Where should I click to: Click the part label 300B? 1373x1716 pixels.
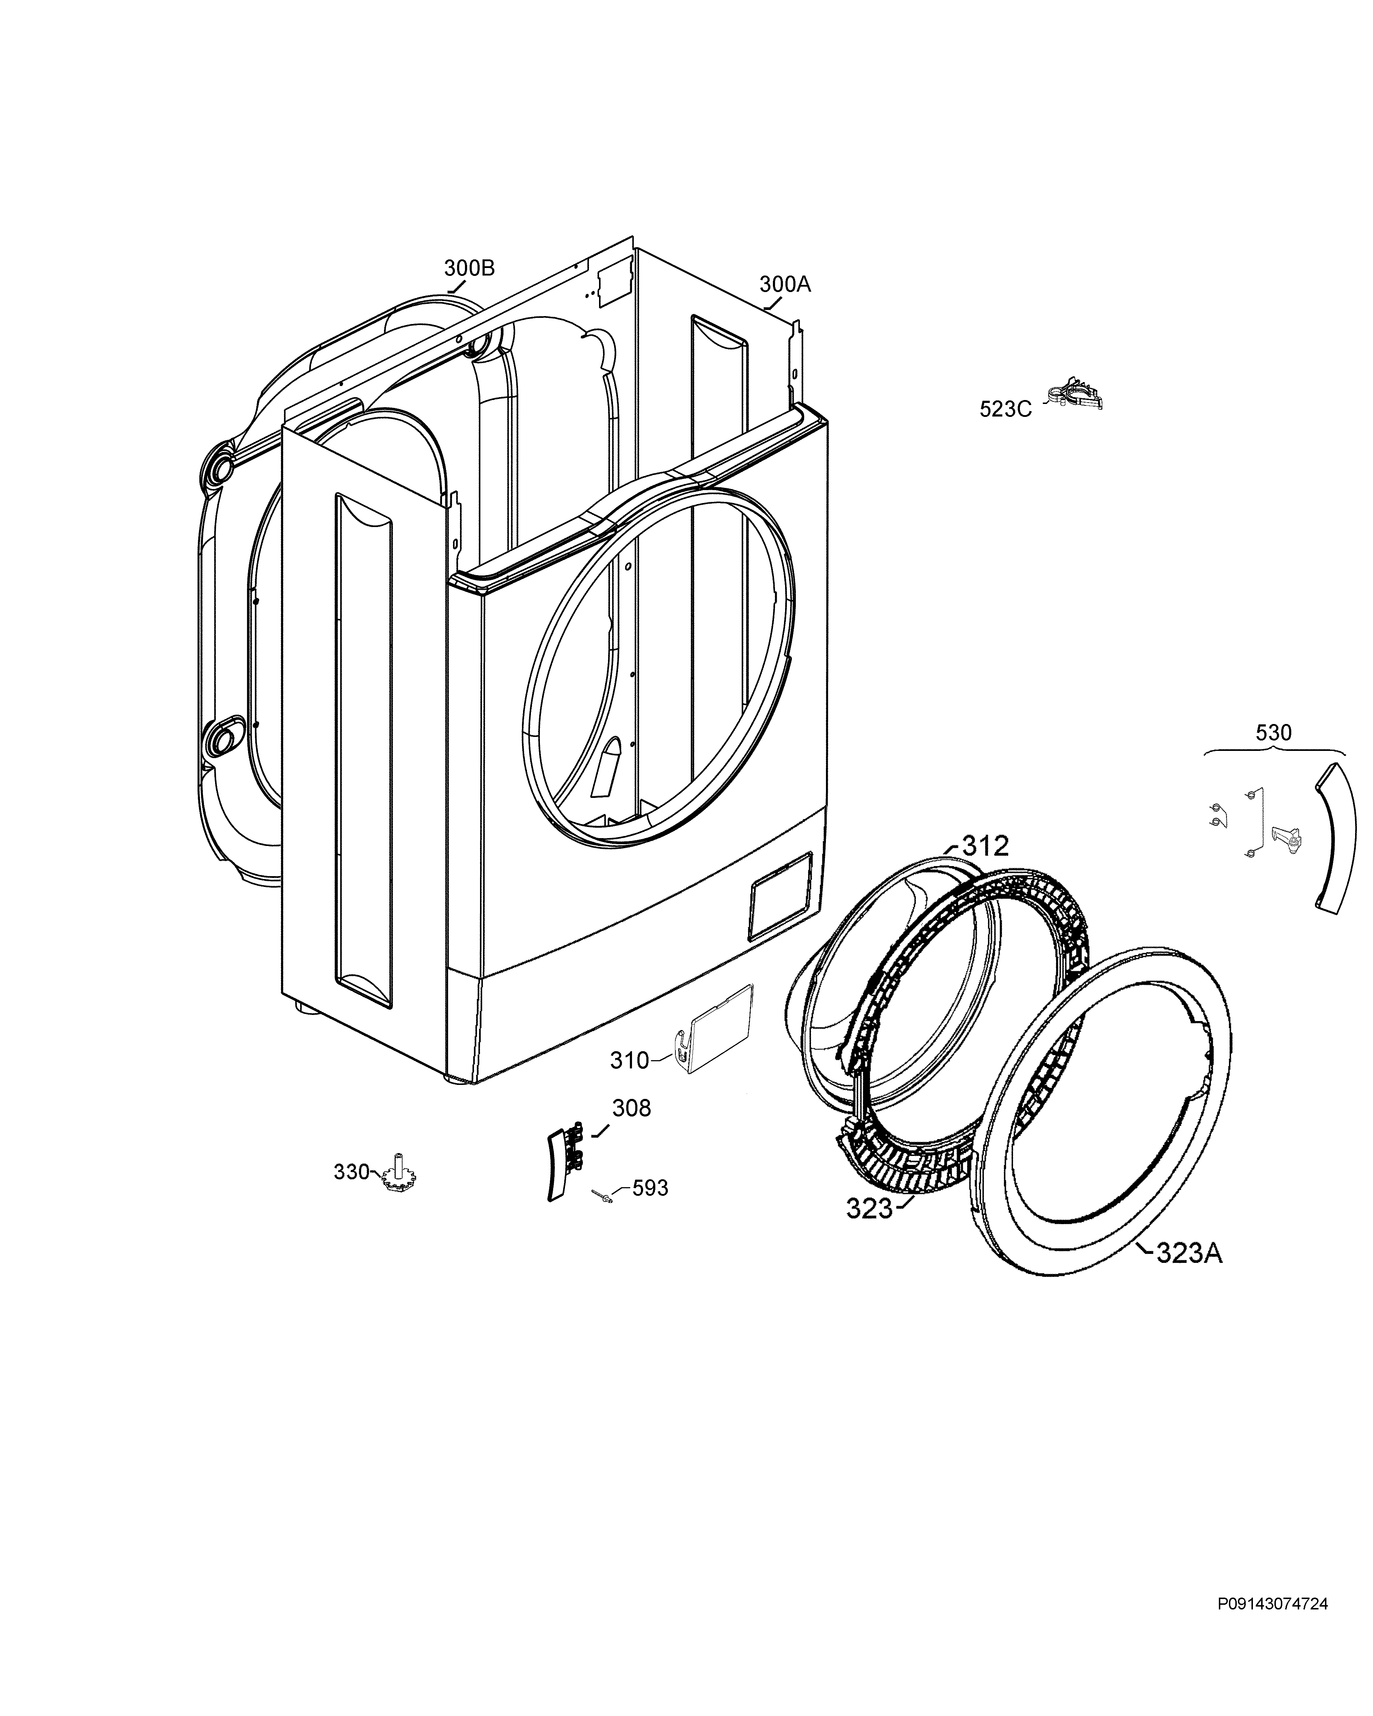tap(469, 268)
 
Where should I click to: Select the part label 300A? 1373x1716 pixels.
tap(785, 284)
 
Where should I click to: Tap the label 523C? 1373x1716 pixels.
tap(1006, 409)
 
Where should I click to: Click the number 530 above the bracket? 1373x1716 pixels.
tap(1274, 732)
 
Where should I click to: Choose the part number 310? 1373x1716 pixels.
tap(630, 1060)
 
